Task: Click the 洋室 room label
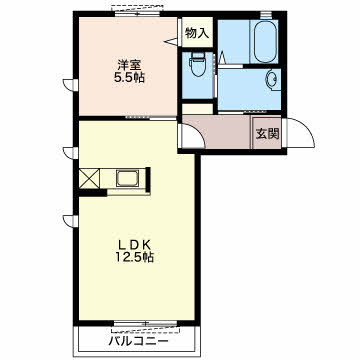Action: pyautogui.click(x=130, y=64)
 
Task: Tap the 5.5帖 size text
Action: pyautogui.click(x=129, y=78)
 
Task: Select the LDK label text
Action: pyautogui.click(x=135, y=245)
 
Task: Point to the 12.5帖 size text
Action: pyautogui.click(x=135, y=257)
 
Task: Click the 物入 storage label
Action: pyautogui.click(x=197, y=33)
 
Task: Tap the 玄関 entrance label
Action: pyautogui.click(x=267, y=134)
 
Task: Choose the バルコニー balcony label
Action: pyautogui.click(x=138, y=341)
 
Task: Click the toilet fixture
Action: pyautogui.click(x=198, y=65)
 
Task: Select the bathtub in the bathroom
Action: pyautogui.click(x=266, y=41)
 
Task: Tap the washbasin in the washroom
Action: pyautogui.click(x=272, y=80)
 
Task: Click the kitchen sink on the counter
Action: pyautogui.click(x=127, y=178)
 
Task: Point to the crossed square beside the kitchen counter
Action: pyautogui.click(x=89, y=179)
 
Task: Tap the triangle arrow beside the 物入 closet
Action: pyautogui.click(x=171, y=42)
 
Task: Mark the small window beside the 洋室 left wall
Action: pyautogui.click(x=71, y=85)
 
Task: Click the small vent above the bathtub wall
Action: pyautogui.click(x=266, y=15)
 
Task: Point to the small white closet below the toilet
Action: pyautogui.click(x=197, y=109)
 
